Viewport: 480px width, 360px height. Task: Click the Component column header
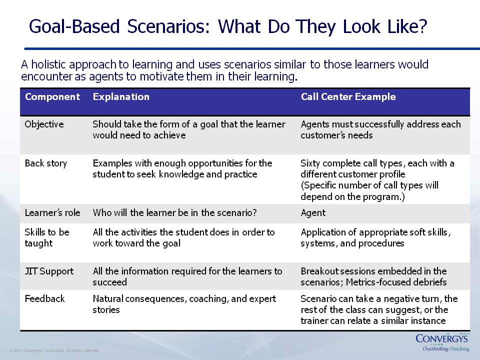[52, 96]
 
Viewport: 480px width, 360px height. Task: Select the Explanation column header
[121, 96]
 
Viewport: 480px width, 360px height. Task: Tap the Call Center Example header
[348, 96]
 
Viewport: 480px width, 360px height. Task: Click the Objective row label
[44, 124]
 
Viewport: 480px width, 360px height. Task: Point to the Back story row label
[45, 163]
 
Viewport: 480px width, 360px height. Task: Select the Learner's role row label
[52, 213]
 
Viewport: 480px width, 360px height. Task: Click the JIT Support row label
[49, 271]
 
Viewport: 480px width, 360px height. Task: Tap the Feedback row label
[44, 299]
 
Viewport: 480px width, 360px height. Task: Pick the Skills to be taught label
[47, 237]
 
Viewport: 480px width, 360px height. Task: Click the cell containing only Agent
[313, 213]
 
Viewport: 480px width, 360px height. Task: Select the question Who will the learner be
[174, 213]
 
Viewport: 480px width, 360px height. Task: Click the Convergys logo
[442, 338]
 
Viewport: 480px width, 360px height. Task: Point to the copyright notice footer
[54, 350]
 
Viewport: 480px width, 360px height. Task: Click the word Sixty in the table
[310, 163]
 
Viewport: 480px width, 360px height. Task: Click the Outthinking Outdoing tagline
[446, 349]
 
